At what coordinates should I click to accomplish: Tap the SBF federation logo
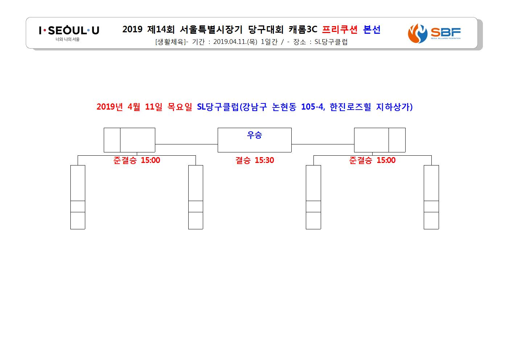434,33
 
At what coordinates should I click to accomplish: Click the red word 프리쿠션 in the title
340,29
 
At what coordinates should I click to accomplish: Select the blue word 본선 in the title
372,29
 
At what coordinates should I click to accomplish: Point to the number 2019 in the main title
132,29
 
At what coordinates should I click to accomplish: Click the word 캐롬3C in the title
303,29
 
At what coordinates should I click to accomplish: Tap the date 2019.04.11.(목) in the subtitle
235,42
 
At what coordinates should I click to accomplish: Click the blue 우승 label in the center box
255,135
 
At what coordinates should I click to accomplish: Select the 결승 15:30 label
255,160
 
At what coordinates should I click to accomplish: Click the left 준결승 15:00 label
137,160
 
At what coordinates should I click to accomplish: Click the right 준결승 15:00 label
373,160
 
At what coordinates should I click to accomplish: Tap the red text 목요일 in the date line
180,107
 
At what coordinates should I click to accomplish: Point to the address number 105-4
313,107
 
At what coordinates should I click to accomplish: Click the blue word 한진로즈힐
350,107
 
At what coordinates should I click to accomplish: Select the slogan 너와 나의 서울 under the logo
67,39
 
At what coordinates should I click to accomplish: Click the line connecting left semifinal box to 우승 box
186,144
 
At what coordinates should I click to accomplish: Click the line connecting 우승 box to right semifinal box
323,144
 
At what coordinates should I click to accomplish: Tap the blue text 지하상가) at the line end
394,107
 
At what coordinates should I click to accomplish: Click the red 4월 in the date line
134,107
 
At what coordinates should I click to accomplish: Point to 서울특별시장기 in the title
211,29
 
